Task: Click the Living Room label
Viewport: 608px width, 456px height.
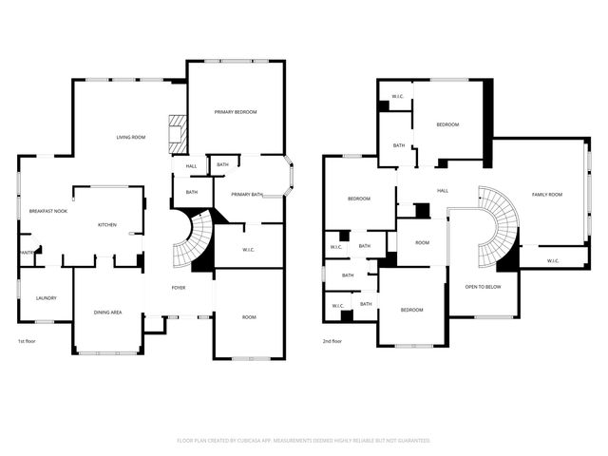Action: point(131,138)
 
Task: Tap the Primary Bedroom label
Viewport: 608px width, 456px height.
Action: point(236,112)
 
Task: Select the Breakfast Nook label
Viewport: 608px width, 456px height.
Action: point(47,211)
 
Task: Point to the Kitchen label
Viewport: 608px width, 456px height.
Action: point(107,224)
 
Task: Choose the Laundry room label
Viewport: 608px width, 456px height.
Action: point(47,298)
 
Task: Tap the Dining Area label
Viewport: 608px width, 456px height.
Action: point(107,313)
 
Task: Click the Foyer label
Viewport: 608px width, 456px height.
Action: point(179,287)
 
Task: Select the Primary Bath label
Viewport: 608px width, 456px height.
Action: point(246,195)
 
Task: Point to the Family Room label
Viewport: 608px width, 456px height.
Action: point(547,195)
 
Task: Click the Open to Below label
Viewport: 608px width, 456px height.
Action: point(484,286)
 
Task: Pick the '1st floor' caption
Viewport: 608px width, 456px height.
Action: point(28,340)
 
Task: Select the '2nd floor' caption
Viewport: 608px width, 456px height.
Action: point(332,340)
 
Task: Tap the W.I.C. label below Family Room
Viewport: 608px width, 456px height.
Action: point(554,260)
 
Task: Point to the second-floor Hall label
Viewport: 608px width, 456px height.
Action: point(443,191)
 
